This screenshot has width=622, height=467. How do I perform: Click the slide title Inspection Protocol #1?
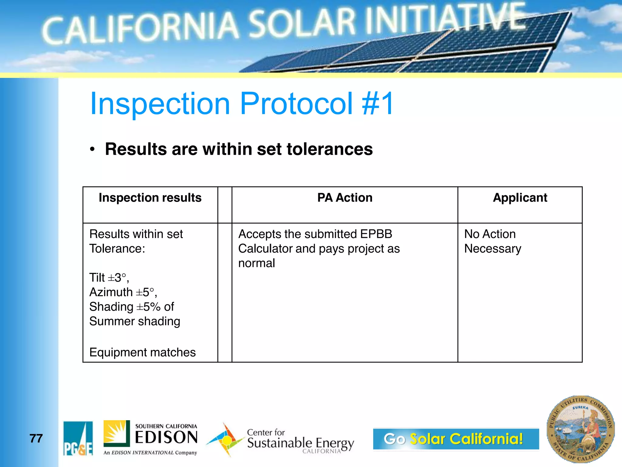point(242,104)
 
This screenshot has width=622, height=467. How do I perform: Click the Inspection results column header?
point(150,198)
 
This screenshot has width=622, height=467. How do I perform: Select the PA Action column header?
point(345,198)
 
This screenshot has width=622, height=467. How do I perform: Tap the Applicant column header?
point(520,198)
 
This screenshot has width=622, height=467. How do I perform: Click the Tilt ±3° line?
point(109,278)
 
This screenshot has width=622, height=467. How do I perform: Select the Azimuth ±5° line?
point(123,292)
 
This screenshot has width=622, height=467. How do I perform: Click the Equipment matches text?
point(142,352)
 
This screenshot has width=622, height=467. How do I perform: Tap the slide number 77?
point(36,438)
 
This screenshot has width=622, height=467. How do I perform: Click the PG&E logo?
point(78,438)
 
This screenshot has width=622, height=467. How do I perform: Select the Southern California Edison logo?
point(151,438)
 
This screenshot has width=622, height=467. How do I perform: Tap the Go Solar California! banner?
point(456,439)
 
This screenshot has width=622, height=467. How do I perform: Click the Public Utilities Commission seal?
point(580,429)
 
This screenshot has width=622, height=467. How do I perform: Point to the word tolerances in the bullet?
point(330,149)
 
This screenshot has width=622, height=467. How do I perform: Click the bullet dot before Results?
point(92,149)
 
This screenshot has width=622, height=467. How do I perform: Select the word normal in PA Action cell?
point(257,263)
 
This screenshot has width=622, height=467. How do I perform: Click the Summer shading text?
point(135,321)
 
